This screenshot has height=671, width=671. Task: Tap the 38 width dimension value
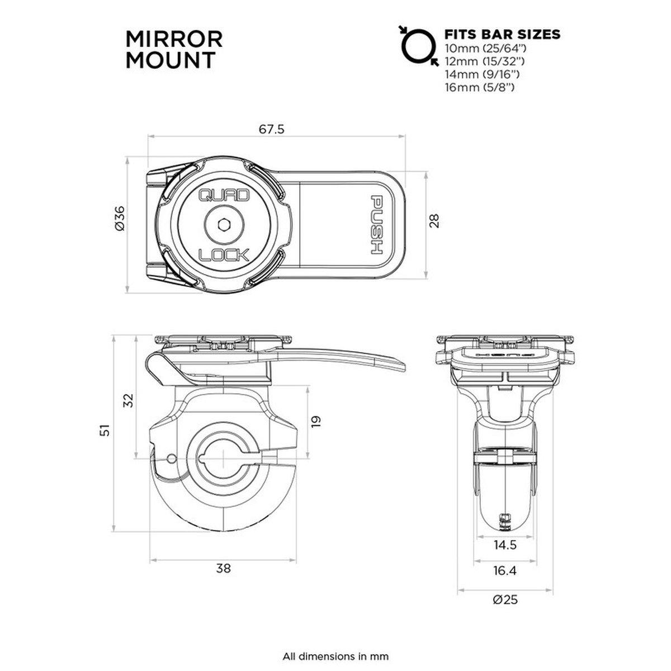pos(223,569)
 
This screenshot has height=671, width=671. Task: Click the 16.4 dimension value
pos(505,570)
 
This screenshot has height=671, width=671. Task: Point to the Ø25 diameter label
pos(505,600)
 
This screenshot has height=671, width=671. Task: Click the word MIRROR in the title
pos(174,40)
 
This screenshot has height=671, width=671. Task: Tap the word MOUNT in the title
pos(169,60)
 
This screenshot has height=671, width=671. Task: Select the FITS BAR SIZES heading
pos(501,34)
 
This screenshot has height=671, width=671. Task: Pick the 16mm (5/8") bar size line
pos(479,87)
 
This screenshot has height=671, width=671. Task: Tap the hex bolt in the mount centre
pos(224,225)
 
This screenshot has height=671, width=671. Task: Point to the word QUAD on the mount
pos(224,196)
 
